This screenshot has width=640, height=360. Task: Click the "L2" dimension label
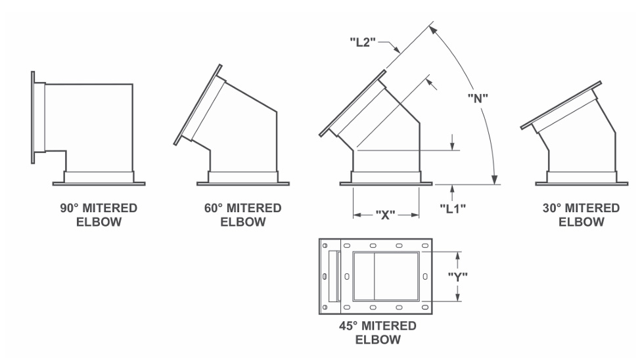click(363, 41)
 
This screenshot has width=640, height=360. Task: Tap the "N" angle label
click(478, 99)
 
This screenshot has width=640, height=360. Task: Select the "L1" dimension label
click(453, 208)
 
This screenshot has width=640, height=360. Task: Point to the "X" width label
click(385, 215)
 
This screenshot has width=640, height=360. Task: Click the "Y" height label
click(457, 277)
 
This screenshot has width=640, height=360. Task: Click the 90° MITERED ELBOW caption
click(99, 215)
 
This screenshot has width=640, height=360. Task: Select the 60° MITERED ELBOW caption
click(243, 215)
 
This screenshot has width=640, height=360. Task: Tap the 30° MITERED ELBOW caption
click(582, 215)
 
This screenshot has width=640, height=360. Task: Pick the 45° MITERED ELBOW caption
click(378, 332)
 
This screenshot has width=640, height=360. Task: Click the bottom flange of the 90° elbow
click(99, 184)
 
